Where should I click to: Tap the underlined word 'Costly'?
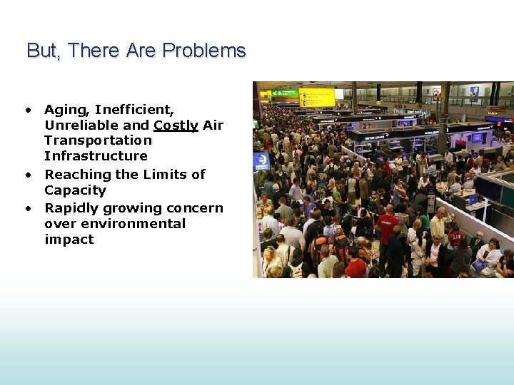coord(176,125)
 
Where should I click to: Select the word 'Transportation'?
coord(98,140)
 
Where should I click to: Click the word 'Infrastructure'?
coord(96,156)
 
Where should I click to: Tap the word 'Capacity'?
coord(75,190)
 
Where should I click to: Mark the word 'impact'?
coord(69,240)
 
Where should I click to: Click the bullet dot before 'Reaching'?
coord(27,175)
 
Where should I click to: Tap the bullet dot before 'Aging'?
coord(27,110)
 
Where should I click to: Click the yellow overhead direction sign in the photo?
coord(317,97)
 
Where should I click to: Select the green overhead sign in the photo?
coord(285,93)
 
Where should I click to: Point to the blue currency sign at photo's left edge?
coord(261,163)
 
